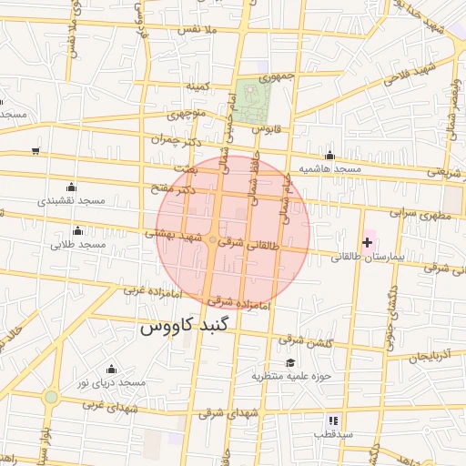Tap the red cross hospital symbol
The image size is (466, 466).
pos(367,242)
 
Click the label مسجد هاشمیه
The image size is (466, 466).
pos(334,169)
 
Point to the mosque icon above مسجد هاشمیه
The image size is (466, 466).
pos(329,156)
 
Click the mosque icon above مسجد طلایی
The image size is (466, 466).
pos(78,230)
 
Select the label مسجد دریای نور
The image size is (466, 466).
pos(110,383)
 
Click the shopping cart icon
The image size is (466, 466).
pos(35,151)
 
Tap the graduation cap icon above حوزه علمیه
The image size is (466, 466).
pos(290,362)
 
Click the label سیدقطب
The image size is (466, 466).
pos(333,434)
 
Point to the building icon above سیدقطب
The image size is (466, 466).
pos(333,420)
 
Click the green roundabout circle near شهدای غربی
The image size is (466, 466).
pos(51,398)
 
